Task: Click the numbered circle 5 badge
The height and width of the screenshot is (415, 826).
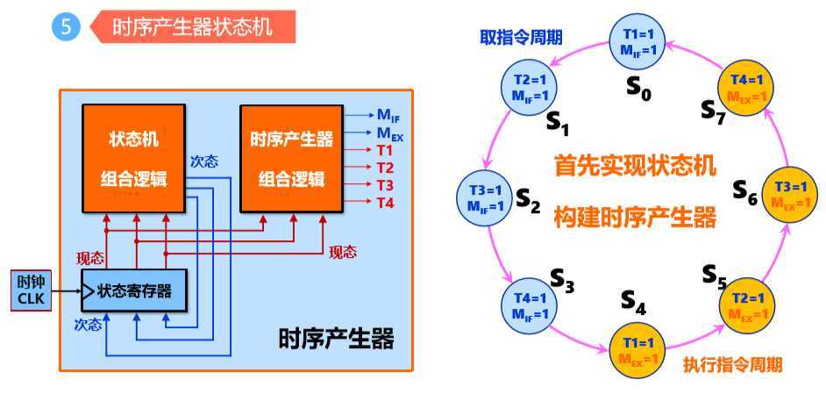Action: (65, 28)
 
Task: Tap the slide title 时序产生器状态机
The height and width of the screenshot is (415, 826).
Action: (192, 28)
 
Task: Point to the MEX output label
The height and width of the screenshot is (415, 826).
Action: (390, 134)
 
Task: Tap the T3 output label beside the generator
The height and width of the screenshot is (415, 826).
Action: (386, 185)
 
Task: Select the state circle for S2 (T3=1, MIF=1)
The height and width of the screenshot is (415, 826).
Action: (486, 198)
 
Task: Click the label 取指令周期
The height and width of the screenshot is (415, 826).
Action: (521, 38)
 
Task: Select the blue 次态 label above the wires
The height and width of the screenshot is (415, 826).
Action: (204, 162)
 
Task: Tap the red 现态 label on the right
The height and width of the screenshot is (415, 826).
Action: (343, 252)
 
